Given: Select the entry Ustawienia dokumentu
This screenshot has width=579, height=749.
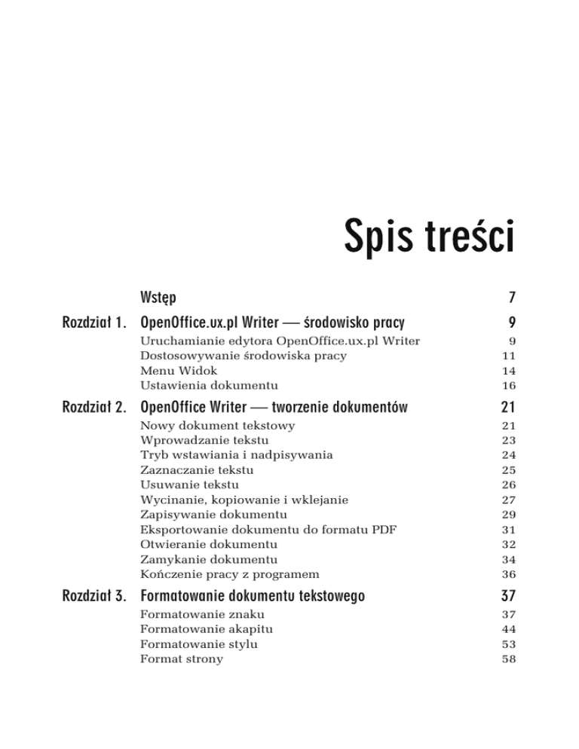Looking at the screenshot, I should (199, 385).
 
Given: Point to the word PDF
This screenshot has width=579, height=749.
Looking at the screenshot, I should (382, 529).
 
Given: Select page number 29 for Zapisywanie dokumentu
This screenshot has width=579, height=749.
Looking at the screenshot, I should (505, 514).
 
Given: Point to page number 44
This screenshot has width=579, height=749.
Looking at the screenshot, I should (505, 628).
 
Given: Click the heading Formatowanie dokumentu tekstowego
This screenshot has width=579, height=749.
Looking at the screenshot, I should (253, 596).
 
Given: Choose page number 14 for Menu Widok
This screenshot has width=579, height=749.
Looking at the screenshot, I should (505, 371).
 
